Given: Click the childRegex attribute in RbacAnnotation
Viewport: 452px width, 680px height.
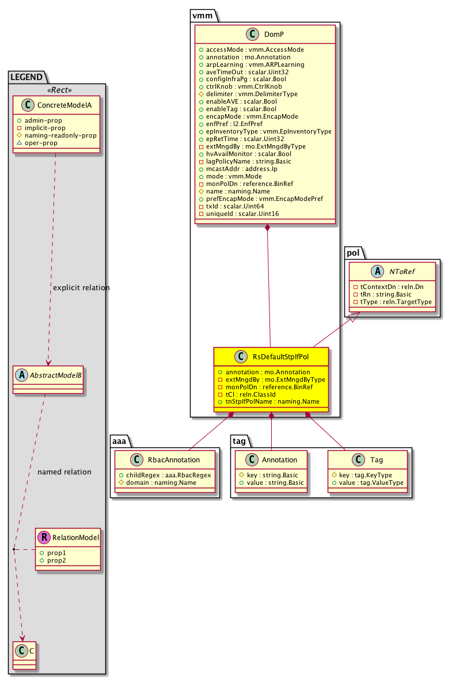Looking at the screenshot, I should coord(164,475).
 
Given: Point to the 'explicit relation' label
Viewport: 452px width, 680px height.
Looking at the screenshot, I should coord(81,287).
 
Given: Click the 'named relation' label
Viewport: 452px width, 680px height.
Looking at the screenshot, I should coord(64,472).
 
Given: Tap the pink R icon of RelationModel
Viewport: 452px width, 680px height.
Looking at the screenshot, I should coord(44,538).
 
